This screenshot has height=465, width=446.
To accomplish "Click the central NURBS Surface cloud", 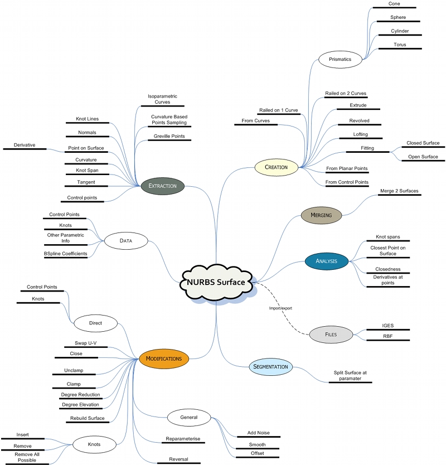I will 216,283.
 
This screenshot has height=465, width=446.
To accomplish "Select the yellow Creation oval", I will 276,167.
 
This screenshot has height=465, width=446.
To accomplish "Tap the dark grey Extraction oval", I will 163,186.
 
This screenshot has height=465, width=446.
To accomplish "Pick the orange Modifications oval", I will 164,359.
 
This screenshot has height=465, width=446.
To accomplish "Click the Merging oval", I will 321,215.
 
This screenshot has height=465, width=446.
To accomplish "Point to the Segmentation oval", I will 270,367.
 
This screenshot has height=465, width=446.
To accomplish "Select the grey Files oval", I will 331,335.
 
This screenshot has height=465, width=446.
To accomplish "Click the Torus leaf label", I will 399,45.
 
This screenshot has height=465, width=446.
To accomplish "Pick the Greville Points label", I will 169,136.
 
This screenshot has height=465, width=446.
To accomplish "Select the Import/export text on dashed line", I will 280,308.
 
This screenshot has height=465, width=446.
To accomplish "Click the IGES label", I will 387,325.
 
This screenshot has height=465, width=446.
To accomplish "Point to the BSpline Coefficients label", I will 65,254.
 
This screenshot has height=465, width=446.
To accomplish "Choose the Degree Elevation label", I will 80,405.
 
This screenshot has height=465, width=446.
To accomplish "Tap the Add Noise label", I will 258,433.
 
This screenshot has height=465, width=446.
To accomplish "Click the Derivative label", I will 25,145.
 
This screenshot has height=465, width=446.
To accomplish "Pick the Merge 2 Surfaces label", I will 399,191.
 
